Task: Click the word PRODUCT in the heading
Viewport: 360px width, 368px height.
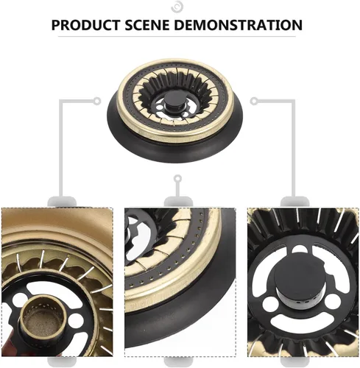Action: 86,25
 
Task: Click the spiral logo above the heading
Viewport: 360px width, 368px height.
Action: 177,7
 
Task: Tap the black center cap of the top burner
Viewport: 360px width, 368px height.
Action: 175,101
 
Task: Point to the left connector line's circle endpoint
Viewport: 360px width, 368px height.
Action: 97,101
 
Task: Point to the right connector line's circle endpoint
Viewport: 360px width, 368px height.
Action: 254,101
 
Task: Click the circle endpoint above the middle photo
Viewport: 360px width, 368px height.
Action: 177,178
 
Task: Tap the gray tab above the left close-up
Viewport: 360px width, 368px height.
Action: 62,202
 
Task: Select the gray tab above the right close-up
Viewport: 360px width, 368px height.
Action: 294,202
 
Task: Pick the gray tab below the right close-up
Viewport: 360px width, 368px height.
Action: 294,362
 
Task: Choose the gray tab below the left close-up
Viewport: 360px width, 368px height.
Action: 62,362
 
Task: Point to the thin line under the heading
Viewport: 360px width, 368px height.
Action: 177,37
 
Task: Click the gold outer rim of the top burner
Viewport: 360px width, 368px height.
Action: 174,135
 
